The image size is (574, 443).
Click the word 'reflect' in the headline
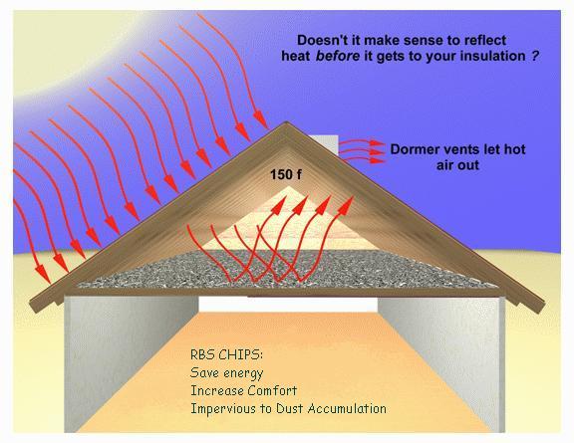click(x=485, y=40)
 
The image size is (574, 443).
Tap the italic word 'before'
click(x=338, y=56)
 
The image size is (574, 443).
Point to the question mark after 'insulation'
click(x=535, y=56)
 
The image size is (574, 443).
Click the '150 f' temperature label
click(x=286, y=174)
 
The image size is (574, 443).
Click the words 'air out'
click(x=457, y=165)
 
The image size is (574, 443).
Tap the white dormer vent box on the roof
click(x=323, y=145)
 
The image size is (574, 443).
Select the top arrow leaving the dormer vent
click(x=361, y=143)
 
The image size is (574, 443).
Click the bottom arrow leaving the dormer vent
click(x=363, y=159)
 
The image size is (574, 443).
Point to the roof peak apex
click(x=286, y=121)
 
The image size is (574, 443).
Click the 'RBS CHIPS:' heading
click(x=226, y=354)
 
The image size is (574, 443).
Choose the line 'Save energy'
click(x=226, y=372)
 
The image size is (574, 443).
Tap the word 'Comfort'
click(x=272, y=390)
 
